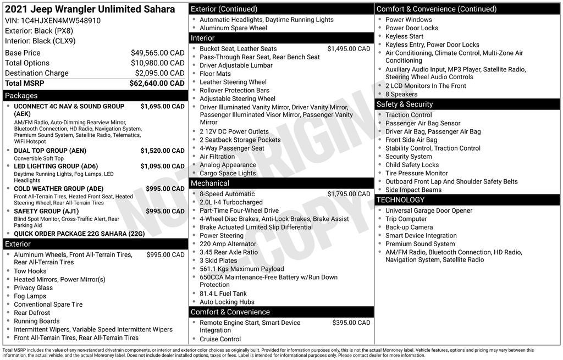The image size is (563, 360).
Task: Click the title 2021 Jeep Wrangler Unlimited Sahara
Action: pos(90,9)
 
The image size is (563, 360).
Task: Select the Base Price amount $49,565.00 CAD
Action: pos(157,53)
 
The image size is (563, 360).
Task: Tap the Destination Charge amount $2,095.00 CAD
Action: pos(159,73)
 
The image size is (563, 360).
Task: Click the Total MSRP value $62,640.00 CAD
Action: pos(157,84)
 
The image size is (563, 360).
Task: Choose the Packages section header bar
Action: pos(95,96)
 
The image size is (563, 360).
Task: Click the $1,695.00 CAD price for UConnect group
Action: pos(162,106)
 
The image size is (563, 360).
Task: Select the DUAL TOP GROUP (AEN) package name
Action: pos(50,151)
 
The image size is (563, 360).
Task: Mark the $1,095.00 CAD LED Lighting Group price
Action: pos(162,166)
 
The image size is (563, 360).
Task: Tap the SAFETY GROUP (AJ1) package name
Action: pos(46,211)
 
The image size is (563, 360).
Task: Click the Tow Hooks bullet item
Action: pos(30,271)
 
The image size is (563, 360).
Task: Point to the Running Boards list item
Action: pos(36,321)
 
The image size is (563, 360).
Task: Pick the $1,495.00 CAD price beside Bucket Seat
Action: pos(349,49)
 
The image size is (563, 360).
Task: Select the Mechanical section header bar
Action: pos(281,183)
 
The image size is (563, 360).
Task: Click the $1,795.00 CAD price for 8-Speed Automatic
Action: pos(349,194)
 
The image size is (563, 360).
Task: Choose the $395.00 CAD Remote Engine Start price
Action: pos(351,323)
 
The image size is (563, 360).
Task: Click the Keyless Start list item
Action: pos(404,36)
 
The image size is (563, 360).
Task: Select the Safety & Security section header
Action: pos(467,104)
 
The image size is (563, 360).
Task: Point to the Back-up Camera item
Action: pos(409,227)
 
